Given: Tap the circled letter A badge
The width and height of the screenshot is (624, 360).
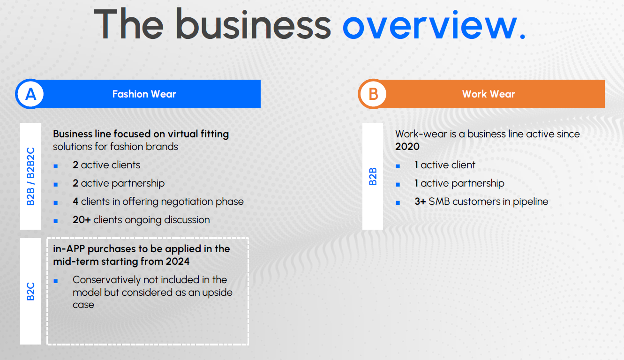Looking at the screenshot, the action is point(30,94).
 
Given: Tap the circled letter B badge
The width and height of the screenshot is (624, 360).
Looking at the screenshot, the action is point(373,94).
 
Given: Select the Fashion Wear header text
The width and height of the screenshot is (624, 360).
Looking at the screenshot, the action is point(144,94).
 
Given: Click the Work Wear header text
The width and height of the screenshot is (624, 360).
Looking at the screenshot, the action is point(489,94).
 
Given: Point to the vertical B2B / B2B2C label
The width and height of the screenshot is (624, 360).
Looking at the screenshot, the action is point(30,177).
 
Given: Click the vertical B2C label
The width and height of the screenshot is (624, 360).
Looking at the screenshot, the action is point(30,292).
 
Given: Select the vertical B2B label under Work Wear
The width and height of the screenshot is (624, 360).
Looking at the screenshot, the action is point(373,177).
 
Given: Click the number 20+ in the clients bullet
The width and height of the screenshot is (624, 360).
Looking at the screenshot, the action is point(82,220).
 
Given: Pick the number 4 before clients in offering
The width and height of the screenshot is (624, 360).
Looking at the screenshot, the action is point(75,202).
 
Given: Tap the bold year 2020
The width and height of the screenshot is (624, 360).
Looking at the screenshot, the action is point(407,147).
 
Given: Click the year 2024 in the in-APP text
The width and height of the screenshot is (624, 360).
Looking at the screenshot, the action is point(178,262).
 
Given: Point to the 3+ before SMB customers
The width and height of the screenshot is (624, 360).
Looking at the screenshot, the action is point(420,202).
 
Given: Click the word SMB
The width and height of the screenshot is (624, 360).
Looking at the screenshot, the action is point(439,202).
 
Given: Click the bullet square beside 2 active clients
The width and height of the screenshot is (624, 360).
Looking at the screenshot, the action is point(56,166).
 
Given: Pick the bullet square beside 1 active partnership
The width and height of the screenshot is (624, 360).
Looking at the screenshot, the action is point(398,185).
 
